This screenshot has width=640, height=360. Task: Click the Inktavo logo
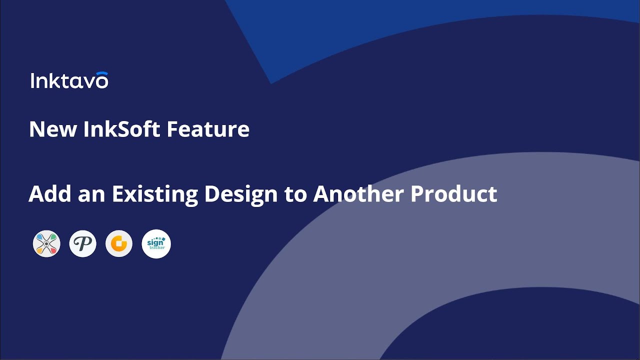(x=69, y=80)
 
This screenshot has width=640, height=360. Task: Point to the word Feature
(x=208, y=129)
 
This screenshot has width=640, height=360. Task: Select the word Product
(x=453, y=193)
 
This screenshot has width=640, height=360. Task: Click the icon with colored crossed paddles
(x=46, y=244)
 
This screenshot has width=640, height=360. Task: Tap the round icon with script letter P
(x=82, y=244)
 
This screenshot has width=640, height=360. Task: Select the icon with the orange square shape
(x=119, y=244)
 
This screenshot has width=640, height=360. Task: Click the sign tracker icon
(x=156, y=244)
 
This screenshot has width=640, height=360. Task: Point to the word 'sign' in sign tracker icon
(x=155, y=242)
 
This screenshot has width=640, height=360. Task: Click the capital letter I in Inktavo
(x=32, y=81)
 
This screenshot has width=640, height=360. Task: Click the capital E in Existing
(x=117, y=193)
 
